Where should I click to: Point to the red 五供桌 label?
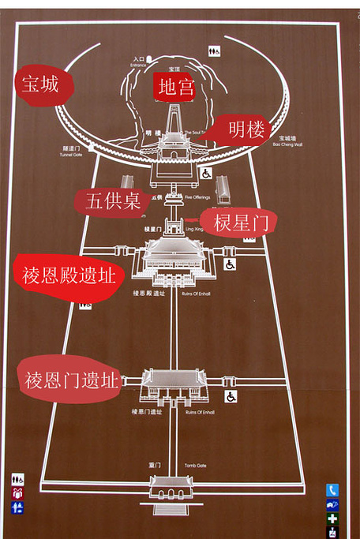tap(111, 200)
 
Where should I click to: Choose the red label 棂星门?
tap(238, 222)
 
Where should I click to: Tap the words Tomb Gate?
tap(195, 466)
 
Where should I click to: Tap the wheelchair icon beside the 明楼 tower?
tap(207, 173)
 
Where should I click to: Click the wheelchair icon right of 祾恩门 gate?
tap(231, 396)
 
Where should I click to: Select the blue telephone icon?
tap(332, 489)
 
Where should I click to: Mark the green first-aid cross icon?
tap(332, 518)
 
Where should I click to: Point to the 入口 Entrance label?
tap(139, 60)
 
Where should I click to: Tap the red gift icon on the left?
tap(17, 493)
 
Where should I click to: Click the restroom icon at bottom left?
tap(17, 479)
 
